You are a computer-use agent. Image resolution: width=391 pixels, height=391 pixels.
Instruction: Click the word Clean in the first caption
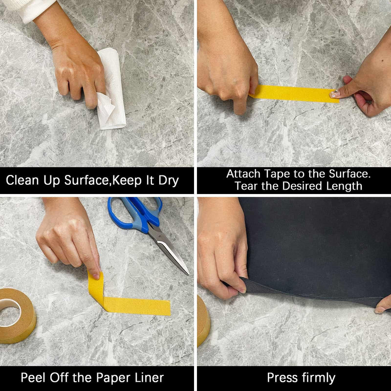[22, 180]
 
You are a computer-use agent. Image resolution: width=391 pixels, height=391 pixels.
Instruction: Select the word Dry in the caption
[169, 181]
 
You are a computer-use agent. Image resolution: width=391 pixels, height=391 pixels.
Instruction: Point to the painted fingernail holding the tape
[335, 94]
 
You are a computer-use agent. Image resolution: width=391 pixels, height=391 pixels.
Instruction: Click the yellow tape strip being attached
[294, 93]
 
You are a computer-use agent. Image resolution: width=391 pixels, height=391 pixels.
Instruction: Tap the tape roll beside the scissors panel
[18, 315]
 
